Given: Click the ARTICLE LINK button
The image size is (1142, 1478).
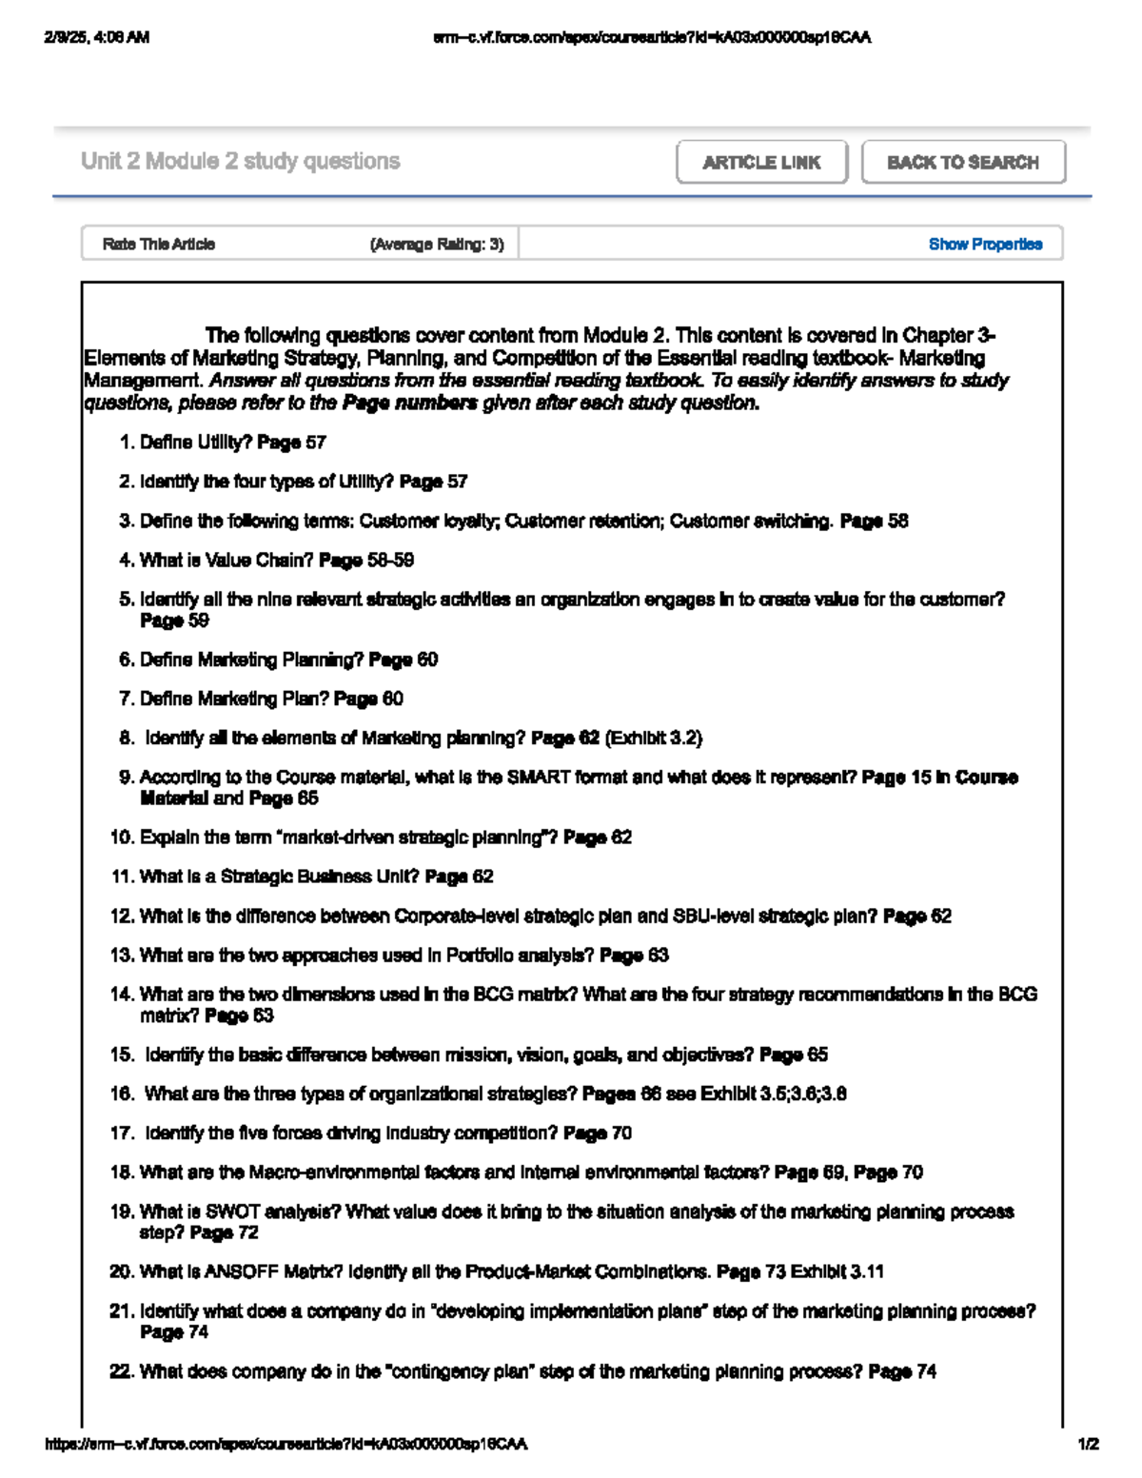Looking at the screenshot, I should pos(761,163).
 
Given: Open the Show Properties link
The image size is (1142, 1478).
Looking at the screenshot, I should pos(985,245).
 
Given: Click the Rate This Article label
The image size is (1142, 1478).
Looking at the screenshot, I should pos(159,245).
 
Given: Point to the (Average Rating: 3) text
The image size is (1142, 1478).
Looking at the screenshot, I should pos(437,245).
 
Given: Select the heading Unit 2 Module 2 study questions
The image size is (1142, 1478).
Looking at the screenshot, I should pos(241,162).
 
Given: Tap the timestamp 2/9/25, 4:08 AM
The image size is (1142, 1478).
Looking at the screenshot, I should pos(96,38).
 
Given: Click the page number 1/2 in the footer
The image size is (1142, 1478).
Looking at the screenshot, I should pos(1088,1444).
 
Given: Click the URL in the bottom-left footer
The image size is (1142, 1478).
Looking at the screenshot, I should pos(285,1444).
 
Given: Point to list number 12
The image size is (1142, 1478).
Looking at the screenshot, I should pos(121,916).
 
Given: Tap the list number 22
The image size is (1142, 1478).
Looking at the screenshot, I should pos(121,1372).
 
